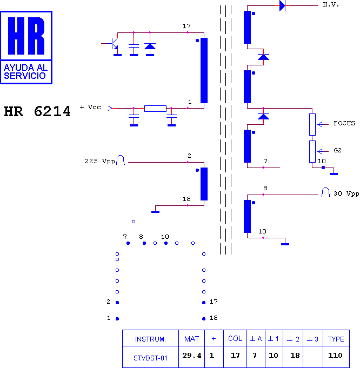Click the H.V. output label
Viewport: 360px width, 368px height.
[331, 5]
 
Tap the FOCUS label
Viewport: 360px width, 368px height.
[344, 123]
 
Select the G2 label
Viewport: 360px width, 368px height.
[337, 150]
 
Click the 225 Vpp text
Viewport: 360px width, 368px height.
[100, 161]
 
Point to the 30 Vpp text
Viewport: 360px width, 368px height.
[346, 193]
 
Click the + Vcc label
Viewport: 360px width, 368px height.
[90, 107]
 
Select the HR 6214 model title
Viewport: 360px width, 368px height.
[37, 111]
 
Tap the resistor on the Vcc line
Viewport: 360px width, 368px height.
[155, 109]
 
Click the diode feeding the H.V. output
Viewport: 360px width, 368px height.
[282, 5]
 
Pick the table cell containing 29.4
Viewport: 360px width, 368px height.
[192, 356]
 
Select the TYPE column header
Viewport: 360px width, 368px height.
[336, 339]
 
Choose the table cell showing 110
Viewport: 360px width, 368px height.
[335, 356]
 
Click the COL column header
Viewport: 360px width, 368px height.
[235, 338]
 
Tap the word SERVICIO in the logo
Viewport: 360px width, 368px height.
[25, 76]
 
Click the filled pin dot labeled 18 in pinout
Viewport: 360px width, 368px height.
[204, 319]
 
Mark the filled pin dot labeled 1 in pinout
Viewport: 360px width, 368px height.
[117, 319]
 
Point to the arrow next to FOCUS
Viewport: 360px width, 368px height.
[323, 124]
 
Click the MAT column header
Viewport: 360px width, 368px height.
[192, 339]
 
